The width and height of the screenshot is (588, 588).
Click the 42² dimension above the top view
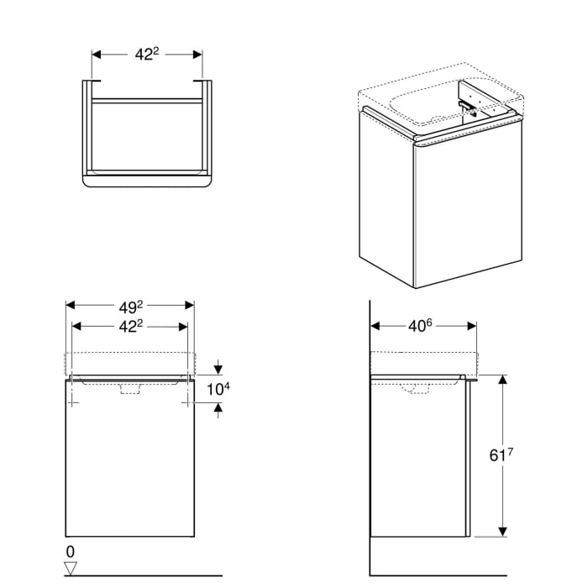147,54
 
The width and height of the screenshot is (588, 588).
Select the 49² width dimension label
130,305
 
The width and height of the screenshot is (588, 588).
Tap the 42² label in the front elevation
130,325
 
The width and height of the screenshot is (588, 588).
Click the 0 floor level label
71,552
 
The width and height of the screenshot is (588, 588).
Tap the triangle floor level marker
71,568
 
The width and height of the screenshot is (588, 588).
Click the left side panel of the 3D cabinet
386,197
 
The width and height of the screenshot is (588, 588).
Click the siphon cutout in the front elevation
130,388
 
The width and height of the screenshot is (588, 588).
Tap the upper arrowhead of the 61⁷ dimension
503,381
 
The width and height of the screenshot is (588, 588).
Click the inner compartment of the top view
147,134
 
